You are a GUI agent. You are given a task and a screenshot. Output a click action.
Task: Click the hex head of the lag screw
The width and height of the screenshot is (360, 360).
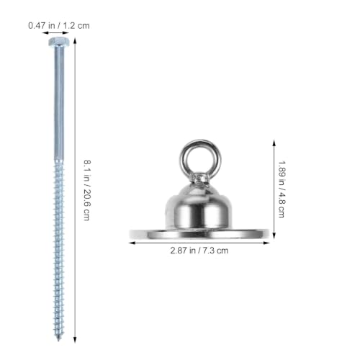pos(59,42)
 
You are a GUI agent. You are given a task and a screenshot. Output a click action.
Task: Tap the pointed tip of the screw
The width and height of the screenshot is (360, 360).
pos(58,341)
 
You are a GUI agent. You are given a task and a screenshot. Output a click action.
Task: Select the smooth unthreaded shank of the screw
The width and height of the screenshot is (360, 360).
pos(59,103)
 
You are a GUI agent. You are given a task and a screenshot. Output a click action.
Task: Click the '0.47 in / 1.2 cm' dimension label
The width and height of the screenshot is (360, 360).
pos(59,25)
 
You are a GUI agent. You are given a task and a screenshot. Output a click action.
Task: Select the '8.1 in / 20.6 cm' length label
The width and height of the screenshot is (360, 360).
pos(87,190)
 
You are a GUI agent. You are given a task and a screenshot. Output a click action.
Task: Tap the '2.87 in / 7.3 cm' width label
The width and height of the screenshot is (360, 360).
pos(199,251)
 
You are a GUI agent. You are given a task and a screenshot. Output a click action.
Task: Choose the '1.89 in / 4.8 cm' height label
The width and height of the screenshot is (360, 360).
pos(282,189)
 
